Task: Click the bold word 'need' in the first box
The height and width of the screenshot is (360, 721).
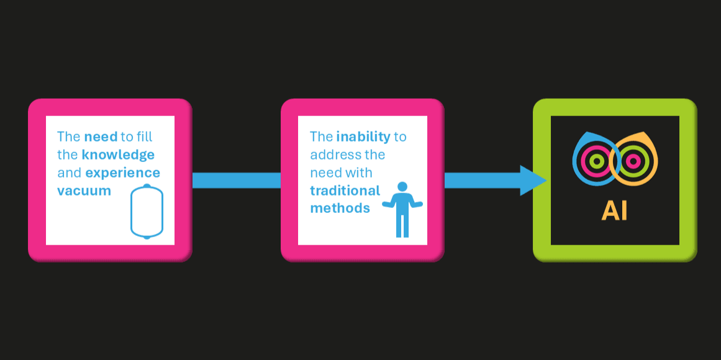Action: [x=101, y=137]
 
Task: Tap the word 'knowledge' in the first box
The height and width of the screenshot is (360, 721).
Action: [x=118, y=155]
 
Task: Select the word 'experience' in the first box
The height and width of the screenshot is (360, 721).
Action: [x=123, y=173]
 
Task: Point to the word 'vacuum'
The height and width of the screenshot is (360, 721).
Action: [x=84, y=191]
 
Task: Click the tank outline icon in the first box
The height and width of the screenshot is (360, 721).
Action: [x=147, y=212]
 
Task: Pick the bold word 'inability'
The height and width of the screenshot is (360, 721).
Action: [x=363, y=137]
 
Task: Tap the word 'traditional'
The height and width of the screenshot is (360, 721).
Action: [x=345, y=191]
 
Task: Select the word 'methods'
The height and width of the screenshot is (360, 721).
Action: [x=340, y=209]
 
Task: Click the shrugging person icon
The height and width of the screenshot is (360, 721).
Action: [x=402, y=209]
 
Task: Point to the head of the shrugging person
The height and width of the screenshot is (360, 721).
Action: [x=402, y=186]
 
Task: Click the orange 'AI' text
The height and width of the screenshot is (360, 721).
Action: [x=614, y=211]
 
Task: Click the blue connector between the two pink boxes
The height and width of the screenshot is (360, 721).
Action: [x=236, y=181]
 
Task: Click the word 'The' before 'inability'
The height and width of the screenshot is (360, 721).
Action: [x=321, y=137]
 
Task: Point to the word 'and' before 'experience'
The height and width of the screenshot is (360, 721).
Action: [x=69, y=173]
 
